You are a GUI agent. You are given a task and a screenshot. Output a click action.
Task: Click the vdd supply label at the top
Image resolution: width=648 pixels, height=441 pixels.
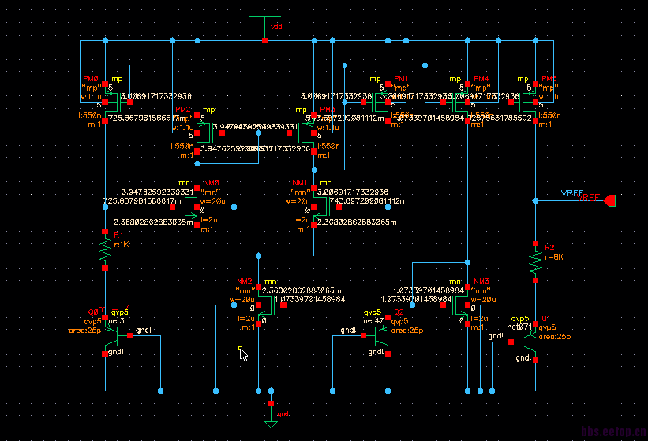click(x=276, y=27)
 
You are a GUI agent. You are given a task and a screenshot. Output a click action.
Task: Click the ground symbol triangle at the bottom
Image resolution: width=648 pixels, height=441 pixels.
click(x=272, y=424)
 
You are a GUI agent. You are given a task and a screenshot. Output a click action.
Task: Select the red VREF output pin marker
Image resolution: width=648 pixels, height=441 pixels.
click(x=609, y=202)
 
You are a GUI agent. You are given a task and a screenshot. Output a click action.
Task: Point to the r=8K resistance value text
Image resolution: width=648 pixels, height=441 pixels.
click(x=555, y=257)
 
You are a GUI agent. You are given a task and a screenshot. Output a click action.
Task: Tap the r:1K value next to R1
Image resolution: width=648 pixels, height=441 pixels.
click(x=121, y=245)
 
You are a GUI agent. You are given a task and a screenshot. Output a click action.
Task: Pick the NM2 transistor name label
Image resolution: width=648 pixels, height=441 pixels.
click(x=245, y=282)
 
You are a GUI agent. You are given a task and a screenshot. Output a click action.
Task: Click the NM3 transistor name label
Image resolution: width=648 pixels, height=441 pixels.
click(x=481, y=282)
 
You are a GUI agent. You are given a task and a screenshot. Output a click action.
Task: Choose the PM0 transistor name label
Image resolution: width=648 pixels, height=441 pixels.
click(x=91, y=80)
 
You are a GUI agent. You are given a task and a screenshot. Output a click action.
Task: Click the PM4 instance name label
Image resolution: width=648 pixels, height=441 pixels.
click(x=481, y=80)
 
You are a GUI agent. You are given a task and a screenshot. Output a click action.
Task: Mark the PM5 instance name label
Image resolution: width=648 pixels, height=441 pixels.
click(x=549, y=80)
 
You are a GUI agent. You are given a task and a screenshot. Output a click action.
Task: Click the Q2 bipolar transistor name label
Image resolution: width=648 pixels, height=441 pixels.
click(x=399, y=313)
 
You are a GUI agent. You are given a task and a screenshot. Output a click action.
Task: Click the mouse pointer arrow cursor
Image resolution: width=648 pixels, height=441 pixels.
click(x=244, y=355)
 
